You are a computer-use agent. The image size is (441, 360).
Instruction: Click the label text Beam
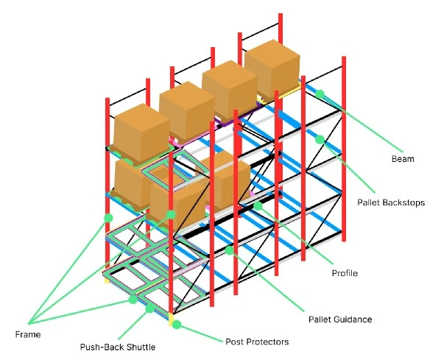pyautogui.click(x=403, y=159)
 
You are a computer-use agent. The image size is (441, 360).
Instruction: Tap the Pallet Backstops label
pyautogui.click(x=391, y=202)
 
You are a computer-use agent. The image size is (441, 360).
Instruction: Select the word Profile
pyautogui.click(x=345, y=273)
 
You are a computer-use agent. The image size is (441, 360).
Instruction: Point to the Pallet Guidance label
pyautogui.click(x=340, y=320)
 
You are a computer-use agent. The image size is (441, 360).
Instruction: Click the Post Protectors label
pyautogui.click(x=257, y=342)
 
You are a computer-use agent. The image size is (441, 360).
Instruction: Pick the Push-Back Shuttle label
pyautogui.click(x=118, y=347)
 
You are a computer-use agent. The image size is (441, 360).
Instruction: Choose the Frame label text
pyautogui.click(x=28, y=334)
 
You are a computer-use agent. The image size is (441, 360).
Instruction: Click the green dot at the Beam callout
pyautogui.click(x=320, y=94)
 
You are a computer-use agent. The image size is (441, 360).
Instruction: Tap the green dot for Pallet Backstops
pyautogui.click(x=320, y=139)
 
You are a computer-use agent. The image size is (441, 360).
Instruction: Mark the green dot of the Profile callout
pyautogui.click(x=258, y=206)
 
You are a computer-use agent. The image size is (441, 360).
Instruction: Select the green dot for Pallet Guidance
pyautogui.click(x=229, y=250)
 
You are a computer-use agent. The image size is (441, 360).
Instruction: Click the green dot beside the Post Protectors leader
pyautogui.click(x=177, y=325)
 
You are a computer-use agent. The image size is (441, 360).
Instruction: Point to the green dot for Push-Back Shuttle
pyautogui.click(x=150, y=308)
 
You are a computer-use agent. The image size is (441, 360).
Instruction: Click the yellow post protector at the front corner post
pyautogui.click(x=171, y=320)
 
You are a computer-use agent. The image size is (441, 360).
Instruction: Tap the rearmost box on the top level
pyautogui.click(x=272, y=69)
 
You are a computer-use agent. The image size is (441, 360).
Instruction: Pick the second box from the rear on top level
pyautogui.click(x=230, y=89)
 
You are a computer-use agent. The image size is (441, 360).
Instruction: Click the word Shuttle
pyautogui.click(x=141, y=347)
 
